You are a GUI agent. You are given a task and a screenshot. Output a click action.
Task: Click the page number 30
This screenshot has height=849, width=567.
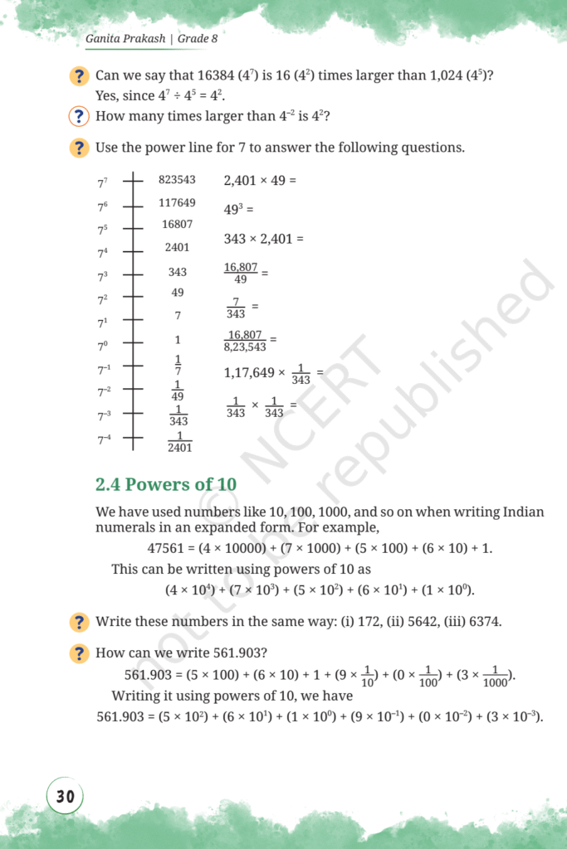(65, 797)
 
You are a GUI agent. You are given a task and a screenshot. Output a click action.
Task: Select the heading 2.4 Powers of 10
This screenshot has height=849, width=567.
(166, 484)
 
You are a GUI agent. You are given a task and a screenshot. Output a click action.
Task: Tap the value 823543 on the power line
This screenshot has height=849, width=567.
(177, 179)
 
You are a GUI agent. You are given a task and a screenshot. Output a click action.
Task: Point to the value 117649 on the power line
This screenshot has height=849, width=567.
(177, 202)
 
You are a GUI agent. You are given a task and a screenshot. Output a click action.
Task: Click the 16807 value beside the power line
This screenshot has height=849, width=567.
(177, 225)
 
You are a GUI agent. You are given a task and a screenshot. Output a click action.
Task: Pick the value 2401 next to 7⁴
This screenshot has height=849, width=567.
(177, 247)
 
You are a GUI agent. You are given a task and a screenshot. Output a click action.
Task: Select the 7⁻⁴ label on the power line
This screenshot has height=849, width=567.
(104, 439)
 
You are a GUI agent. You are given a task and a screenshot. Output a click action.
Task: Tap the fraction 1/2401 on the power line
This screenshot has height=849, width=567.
(179, 441)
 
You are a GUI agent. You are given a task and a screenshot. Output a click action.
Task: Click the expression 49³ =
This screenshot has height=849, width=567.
(238, 210)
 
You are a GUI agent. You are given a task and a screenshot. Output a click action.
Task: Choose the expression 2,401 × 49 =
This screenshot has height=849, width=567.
(260, 179)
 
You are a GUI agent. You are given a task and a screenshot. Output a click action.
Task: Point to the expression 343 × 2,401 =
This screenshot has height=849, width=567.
(264, 239)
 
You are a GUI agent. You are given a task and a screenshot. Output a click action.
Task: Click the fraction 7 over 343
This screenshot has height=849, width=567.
(236, 307)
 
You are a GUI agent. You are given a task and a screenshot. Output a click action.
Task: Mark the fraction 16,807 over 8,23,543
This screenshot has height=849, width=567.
(245, 341)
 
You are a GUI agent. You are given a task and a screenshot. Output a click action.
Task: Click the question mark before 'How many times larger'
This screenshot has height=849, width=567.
(79, 117)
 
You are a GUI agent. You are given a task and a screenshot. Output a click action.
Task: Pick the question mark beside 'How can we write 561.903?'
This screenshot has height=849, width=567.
(79, 653)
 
